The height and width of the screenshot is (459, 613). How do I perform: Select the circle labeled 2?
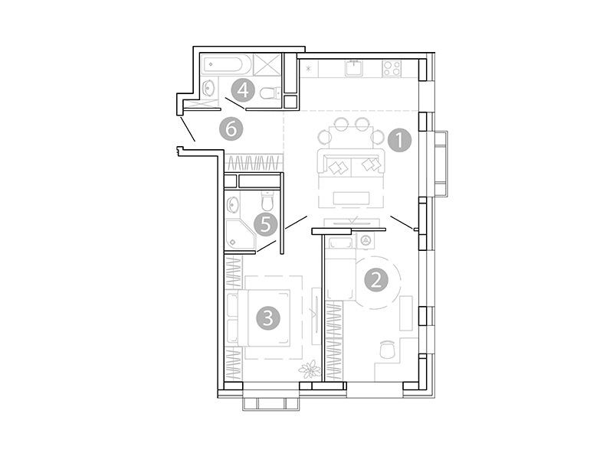point(375,280)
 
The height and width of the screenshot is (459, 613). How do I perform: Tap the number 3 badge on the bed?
point(267,317)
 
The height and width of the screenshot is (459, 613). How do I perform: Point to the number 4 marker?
point(243,90)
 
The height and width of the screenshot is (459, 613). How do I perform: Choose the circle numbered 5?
point(265,224)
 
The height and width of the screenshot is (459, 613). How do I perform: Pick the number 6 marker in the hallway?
point(231,129)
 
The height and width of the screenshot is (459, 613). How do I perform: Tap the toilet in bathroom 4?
point(270,93)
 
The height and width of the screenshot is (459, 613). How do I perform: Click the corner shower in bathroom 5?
point(239,236)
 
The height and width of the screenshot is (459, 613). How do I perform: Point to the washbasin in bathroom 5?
point(234,204)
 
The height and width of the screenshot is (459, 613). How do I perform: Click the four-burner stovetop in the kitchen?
point(392,68)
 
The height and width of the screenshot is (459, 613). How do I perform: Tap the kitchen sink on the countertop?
point(354,68)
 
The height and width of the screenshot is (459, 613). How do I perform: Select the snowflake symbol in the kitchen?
point(309,70)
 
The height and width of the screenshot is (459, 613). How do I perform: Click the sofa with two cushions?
point(351,164)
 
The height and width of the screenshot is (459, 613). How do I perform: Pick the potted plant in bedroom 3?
point(310,370)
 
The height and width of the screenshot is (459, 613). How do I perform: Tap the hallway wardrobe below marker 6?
point(254,163)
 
